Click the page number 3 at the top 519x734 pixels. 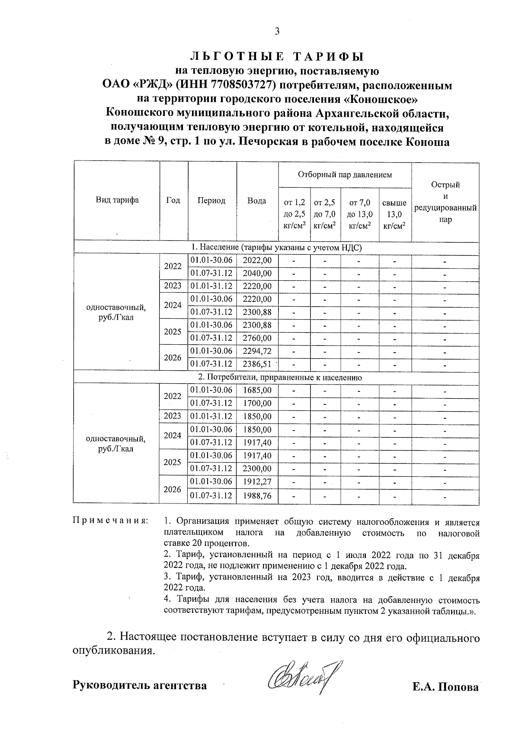(277, 31)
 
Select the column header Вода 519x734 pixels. (256, 201)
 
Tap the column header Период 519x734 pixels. (211, 201)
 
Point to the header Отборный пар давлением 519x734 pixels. (344, 175)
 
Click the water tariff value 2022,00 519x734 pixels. (257, 260)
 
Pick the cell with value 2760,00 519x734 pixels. (257, 338)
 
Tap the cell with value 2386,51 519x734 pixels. (257, 364)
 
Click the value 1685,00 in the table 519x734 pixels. (257, 390)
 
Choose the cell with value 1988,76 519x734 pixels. (257, 496)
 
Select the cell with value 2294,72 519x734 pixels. (257, 351)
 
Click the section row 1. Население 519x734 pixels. (276, 247)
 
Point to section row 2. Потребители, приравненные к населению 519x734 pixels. (276, 377)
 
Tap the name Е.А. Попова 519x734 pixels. (445, 687)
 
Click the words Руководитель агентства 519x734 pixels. (140, 686)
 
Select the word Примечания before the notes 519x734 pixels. (110, 521)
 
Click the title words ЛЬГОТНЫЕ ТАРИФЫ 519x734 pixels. (277, 57)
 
